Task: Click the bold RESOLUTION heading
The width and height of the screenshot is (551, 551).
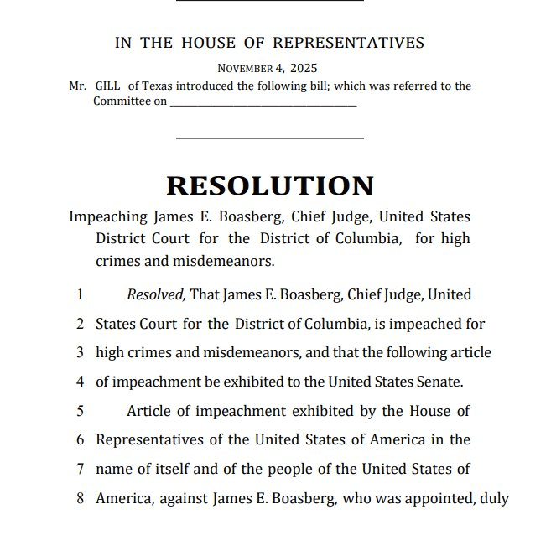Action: click(x=269, y=185)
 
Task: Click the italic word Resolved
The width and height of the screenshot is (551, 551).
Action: click(x=156, y=294)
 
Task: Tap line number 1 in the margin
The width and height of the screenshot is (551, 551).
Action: click(x=80, y=295)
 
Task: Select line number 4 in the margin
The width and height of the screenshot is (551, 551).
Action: click(x=80, y=382)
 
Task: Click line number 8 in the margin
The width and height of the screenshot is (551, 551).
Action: click(x=80, y=497)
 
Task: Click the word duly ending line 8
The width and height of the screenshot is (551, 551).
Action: click(x=494, y=497)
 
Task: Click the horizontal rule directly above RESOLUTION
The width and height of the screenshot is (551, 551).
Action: click(x=269, y=138)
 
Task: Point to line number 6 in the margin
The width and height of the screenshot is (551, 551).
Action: click(x=80, y=439)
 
